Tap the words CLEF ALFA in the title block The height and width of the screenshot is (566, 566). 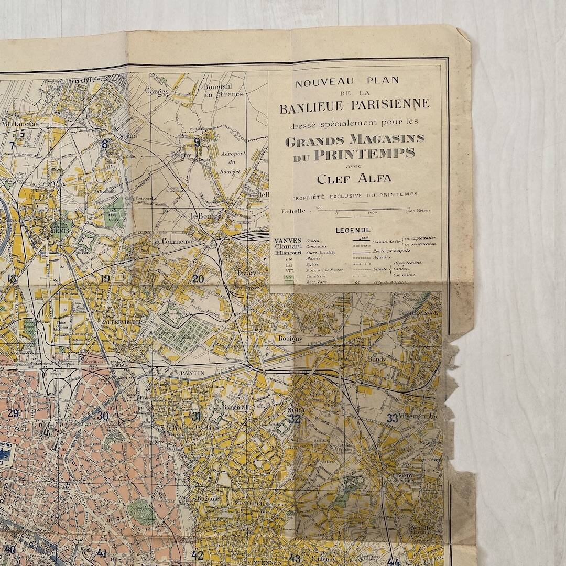pyautogui.click(x=354, y=179)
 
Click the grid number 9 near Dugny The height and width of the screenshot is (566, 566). pyautogui.click(x=197, y=141)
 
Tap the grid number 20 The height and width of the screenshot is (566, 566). pyautogui.click(x=198, y=279)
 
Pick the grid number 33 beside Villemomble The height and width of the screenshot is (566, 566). pyautogui.click(x=393, y=418)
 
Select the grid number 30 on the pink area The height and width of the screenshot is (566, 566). pyautogui.click(x=102, y=416)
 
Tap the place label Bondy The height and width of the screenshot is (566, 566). pyautogui.click(x=377, y=360)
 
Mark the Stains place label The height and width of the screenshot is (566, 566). pyautogui.click(x=128, y=136)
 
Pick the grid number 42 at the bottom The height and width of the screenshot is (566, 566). pyautogui.click(x=197, y=555)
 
